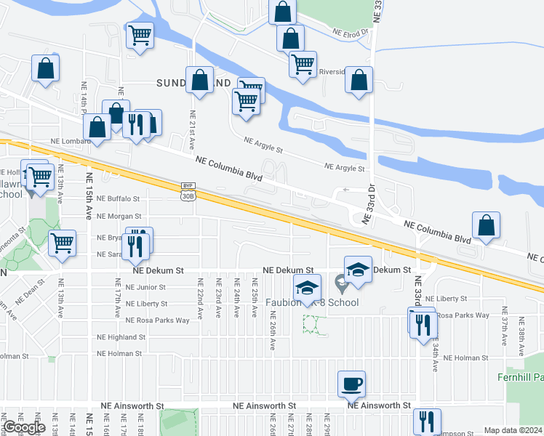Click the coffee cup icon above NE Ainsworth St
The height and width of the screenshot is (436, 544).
[351, 384]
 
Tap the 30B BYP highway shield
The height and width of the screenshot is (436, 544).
[188, 191]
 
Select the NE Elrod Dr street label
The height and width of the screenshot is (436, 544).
[351, 32]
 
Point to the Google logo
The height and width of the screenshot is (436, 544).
[24, 427]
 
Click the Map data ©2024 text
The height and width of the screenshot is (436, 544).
[513, 430]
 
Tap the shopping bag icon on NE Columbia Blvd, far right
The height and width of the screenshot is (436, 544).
[486, 227]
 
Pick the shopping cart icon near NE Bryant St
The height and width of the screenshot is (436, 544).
[63, 243]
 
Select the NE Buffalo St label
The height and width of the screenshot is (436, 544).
[118, 198]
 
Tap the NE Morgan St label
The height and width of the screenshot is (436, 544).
[119, 216]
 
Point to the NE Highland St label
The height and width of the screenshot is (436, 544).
[121, 337]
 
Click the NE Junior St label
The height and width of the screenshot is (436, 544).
[145, 287]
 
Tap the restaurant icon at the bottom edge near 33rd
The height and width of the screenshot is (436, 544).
[427, 421]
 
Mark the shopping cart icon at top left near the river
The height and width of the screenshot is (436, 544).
[140, 35]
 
